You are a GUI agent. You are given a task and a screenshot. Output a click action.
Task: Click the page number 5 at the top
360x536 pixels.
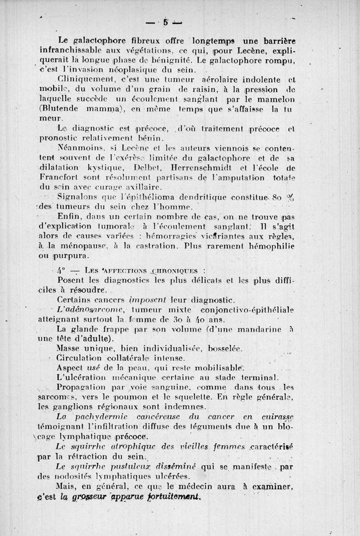166,21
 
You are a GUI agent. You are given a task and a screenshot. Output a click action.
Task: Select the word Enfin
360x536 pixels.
69,217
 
